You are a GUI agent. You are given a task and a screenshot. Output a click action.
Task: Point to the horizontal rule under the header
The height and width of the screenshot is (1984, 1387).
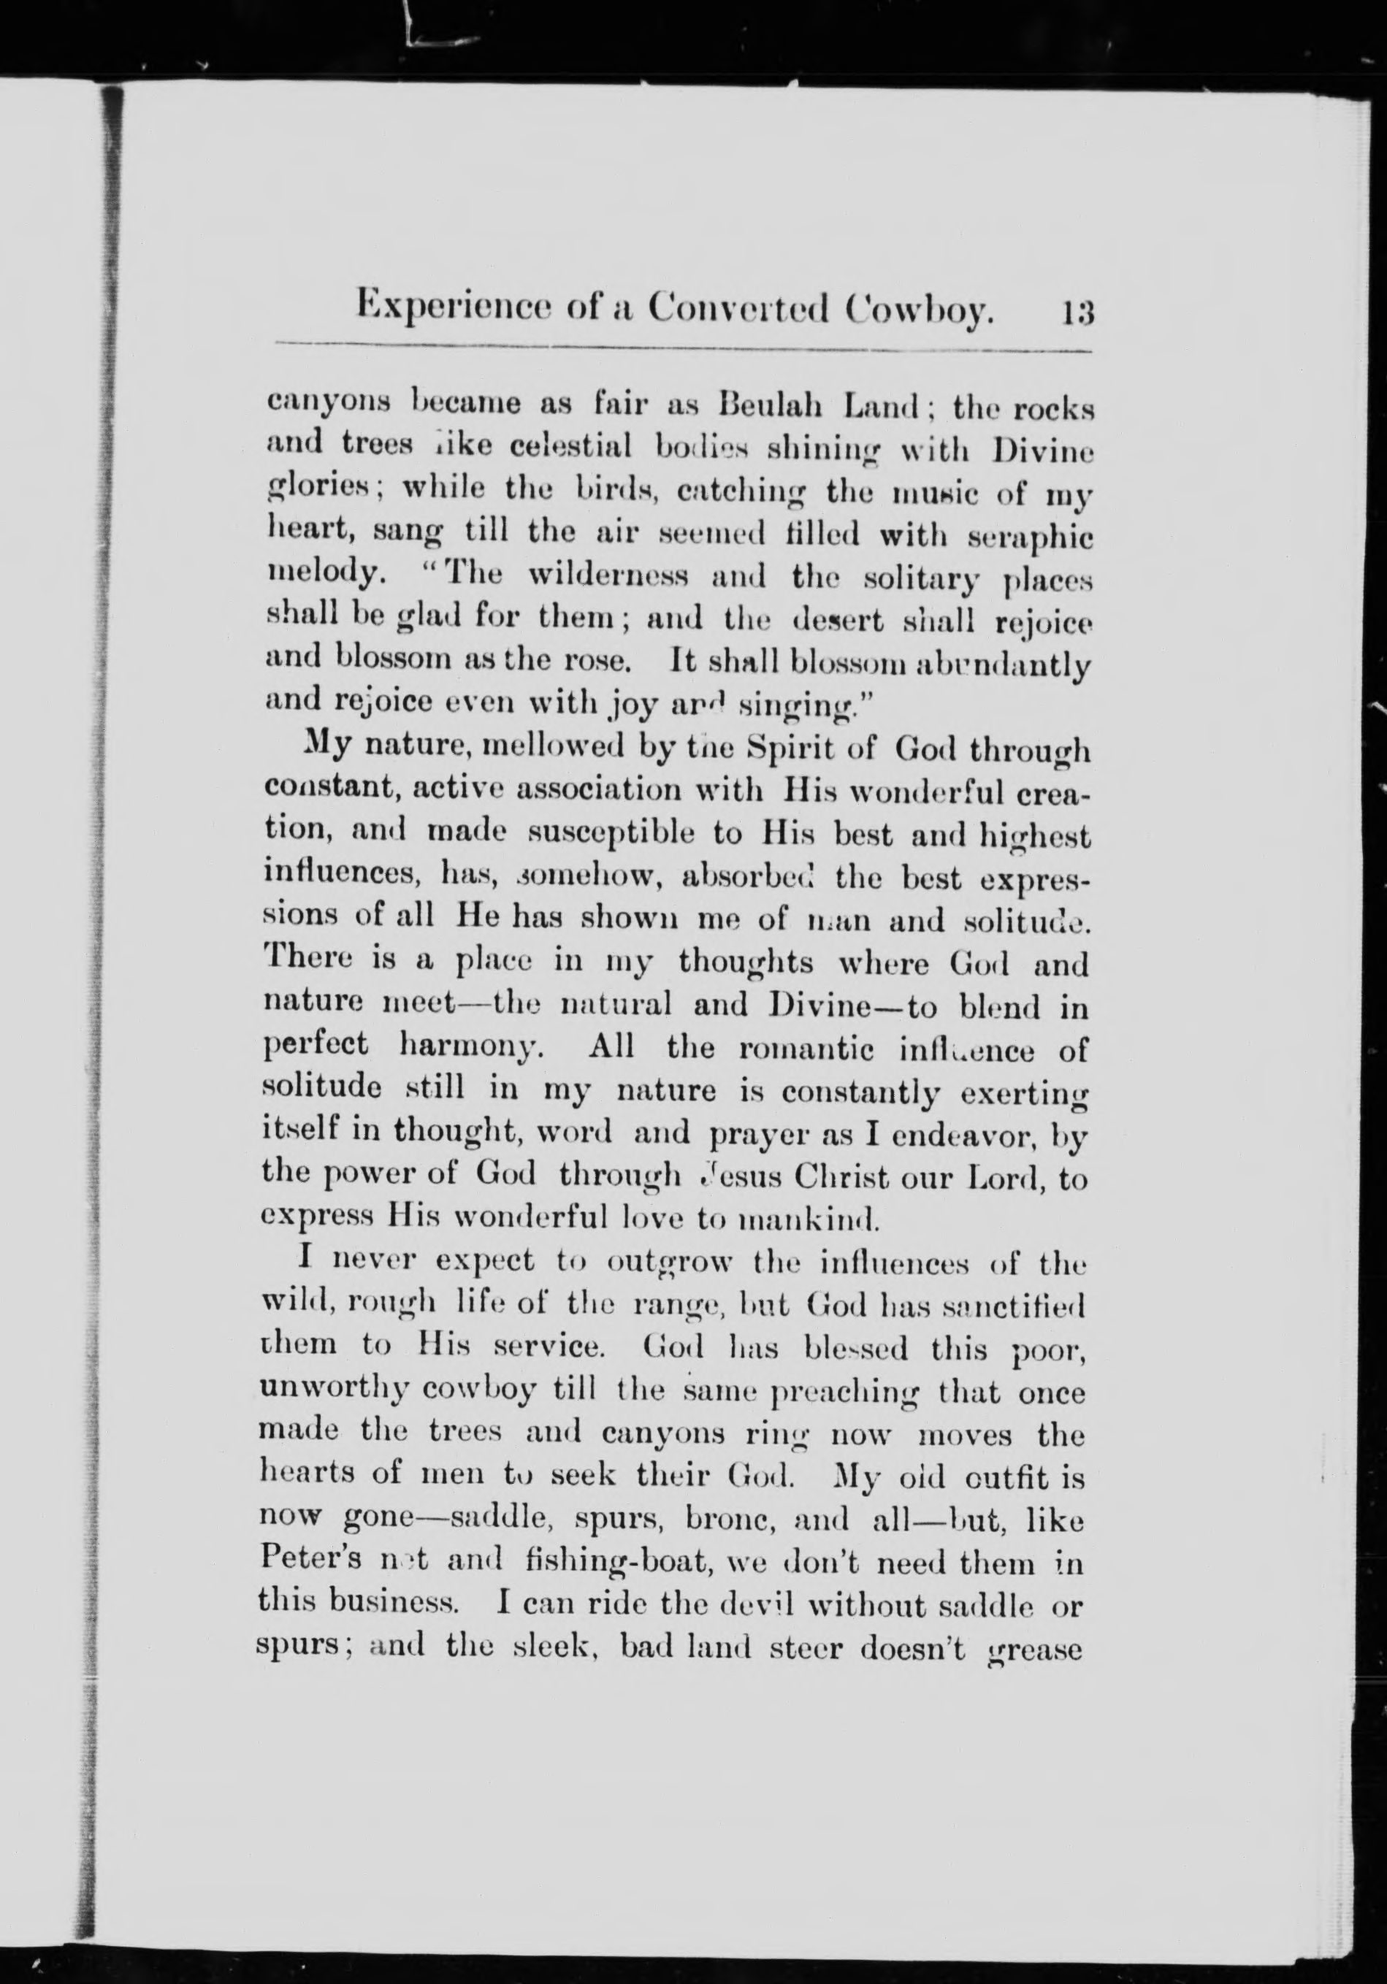coord(683,350)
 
